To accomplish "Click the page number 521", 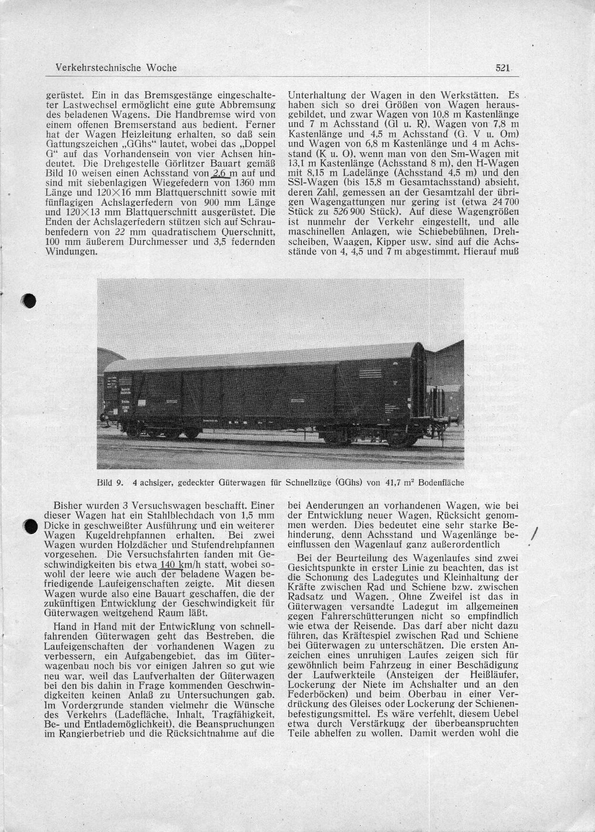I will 503,68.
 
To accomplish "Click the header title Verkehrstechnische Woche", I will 113,68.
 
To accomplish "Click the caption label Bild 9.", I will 110,482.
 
